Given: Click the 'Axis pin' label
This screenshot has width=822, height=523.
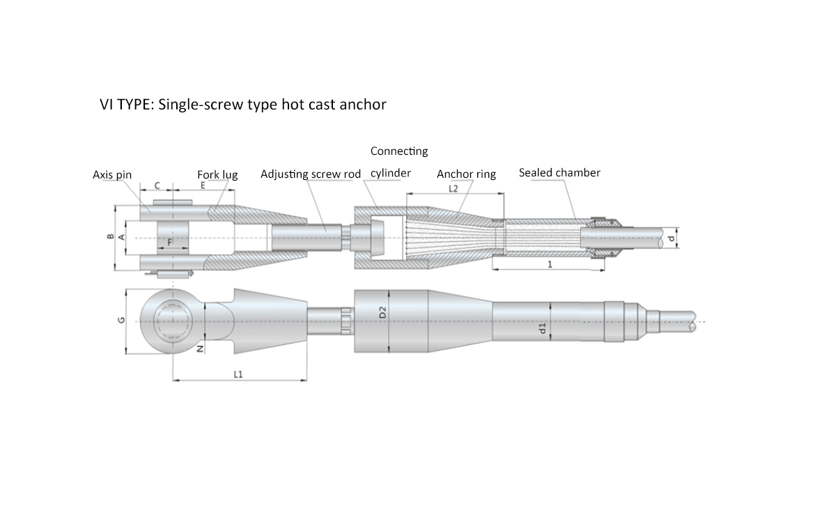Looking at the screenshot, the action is click(x=112, y=175).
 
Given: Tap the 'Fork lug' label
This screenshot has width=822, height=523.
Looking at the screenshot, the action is click(x=217, y=175).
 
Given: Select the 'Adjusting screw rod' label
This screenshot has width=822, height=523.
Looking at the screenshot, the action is click(x=311, y=174).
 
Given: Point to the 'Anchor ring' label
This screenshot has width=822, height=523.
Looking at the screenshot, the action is click(x=466, y=174).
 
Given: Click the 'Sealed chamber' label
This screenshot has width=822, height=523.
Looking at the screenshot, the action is click(x=559, y=172).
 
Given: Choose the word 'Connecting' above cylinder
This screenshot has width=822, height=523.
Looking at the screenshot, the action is click(x=399, y=151).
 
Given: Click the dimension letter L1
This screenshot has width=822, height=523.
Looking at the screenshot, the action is click(x=238, y=374).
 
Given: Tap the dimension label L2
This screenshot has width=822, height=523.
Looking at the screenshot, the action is click(x=453, y=188).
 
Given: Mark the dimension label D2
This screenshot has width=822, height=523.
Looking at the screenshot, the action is click(x=382, y=312).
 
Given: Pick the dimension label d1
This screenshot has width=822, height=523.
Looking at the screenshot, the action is click(x=543, y=328).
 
